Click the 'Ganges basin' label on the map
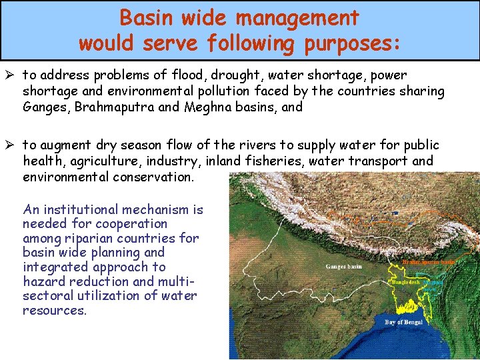coord(343,267)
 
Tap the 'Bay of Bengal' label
coord(404,323)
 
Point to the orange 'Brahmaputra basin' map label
coord(429,262)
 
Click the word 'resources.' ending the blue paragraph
coord(55,310)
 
